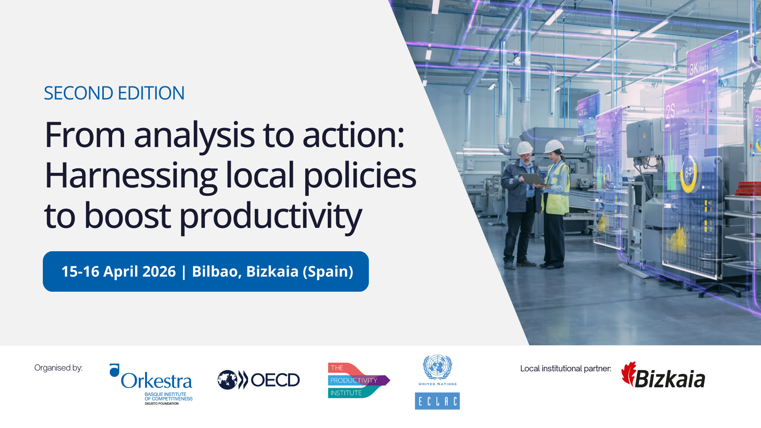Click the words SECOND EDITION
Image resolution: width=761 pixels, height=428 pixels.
click(114, 94)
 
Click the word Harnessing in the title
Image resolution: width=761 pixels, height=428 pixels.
click(131, 176)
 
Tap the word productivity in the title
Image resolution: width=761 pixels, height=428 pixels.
click(271, 216)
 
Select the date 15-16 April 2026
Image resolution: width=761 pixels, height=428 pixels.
click(119, 272)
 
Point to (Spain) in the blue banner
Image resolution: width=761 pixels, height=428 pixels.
click(328, 272)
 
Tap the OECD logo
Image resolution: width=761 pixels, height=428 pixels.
click(259, 380)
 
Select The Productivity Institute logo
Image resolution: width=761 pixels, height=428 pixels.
click(358, 380)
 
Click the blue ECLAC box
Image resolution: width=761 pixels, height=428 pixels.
click(437, 401)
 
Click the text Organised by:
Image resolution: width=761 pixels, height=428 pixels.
click(58, 368)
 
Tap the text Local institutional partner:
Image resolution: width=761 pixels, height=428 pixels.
click(566, 369)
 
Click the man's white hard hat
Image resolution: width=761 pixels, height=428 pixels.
click(525, 148)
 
